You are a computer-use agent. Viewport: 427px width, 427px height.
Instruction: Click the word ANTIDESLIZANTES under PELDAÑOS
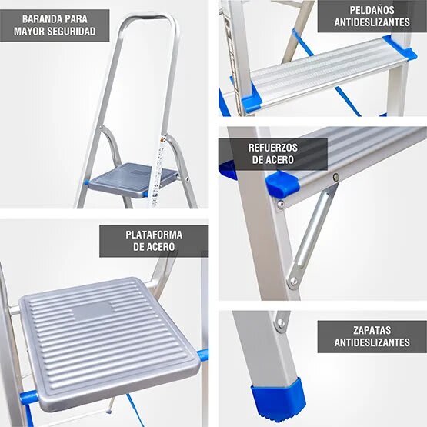[372, 23]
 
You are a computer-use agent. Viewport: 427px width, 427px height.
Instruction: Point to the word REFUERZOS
[272, 147]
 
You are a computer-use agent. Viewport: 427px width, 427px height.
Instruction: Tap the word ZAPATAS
[372, 329]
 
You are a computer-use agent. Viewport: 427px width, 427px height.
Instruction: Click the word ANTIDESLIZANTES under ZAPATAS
[372, 343]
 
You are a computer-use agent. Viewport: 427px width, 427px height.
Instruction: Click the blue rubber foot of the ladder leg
[278, 402]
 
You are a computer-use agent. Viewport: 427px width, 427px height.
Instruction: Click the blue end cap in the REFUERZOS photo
[280, 184]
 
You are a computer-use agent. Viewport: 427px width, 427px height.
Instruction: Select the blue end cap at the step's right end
[399, 48]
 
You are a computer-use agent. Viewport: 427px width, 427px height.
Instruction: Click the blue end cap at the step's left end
[251, 99]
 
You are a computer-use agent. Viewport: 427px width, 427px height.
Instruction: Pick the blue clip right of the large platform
[202, 355]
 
